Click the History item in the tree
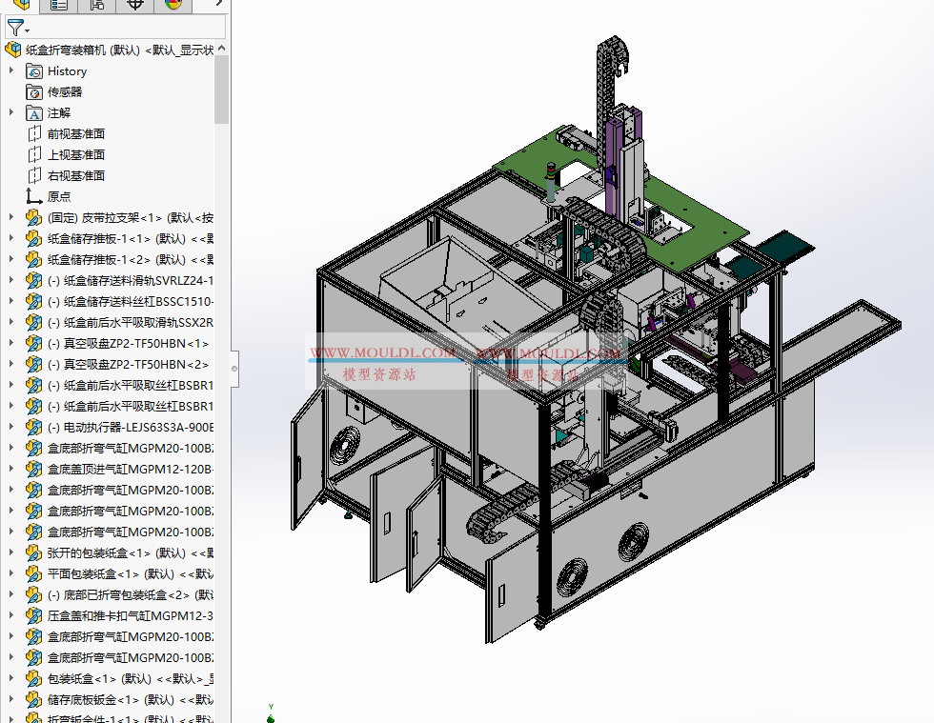pyautogui.click(x=67, y=71)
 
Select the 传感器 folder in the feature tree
pyautogui.click(x=65, y=92)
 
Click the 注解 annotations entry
pyautogui.click(x=59, y=113)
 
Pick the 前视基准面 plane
pyautogui.click(x=76, y=134)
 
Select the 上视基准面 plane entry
pyautogui.click(x=76, y=155)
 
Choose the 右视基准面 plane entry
pyautogui.click(x=76, y=176)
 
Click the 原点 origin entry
pyautogui.click(x=59, y=197)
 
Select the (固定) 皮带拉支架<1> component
pyautogui.click(x=124, y=218)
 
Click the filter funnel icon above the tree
pyautogui.click(x=15, y=28)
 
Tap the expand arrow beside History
pyautogui.click(x=11, y=71)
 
